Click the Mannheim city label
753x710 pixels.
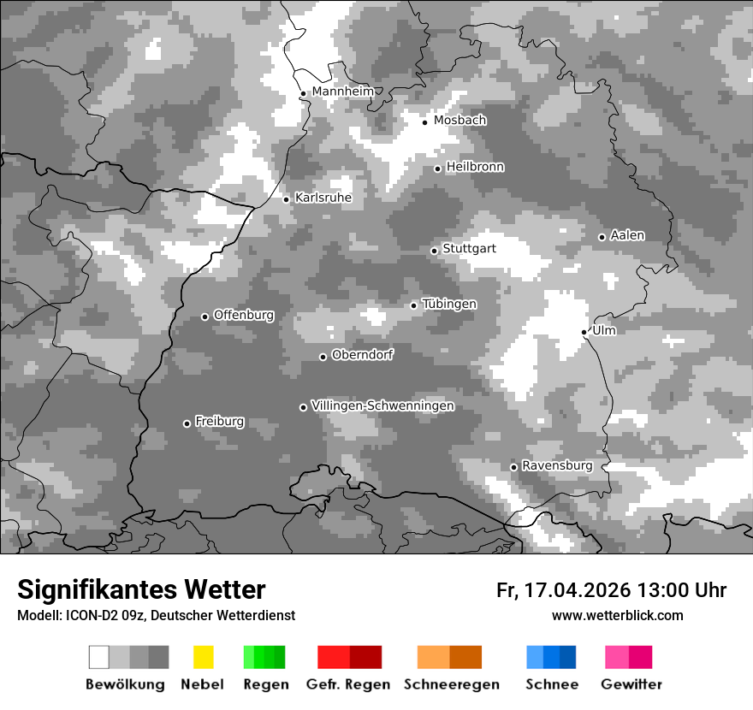tap(342, 92)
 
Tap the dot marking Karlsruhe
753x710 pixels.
tap(287, 199)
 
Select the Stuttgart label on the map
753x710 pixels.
tap(469, 249)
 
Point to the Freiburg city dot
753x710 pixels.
tap(187, 423)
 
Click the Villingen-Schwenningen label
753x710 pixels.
tap(382, 405)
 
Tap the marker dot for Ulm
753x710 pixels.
tap(584, 332)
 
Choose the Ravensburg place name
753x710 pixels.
tap(557, 465)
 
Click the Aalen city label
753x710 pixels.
tap(627, 235)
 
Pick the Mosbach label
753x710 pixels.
tap(460, 121)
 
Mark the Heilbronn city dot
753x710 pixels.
tap(437, 169)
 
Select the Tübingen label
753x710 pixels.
tap(449, 305)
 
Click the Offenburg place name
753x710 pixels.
tap(244, 315)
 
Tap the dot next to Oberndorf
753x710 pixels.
tap(323, 357)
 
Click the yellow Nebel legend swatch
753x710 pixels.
tap(203, 657)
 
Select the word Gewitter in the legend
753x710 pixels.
tap(631, 684)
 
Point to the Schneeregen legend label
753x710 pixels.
tap(451, 684)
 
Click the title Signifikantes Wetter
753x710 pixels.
tap(141, 589)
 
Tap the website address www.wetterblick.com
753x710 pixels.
tap(617, 615)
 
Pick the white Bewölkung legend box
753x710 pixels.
tap(99, 657)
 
